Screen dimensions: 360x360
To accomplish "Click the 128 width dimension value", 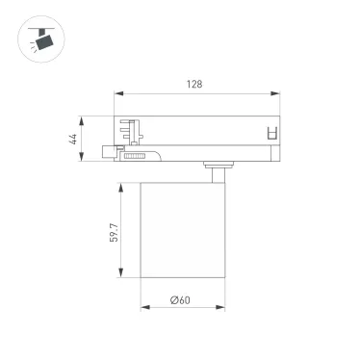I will [193, 84].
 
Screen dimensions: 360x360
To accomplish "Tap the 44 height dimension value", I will [73, 139].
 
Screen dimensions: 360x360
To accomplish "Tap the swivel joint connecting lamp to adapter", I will [214, 170].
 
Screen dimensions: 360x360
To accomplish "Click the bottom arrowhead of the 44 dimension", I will [83, 159].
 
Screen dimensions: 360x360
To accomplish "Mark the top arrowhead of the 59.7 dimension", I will [121, 183].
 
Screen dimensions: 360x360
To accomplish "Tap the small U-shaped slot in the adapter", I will [271, 134].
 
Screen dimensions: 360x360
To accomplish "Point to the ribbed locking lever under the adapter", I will [134, 154].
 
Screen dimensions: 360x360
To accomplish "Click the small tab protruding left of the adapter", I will [109, 148].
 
